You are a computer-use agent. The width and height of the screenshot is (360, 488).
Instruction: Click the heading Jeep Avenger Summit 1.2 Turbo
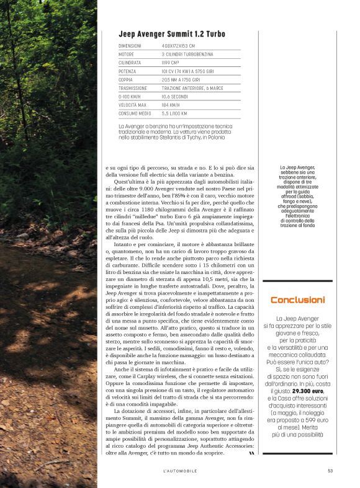click(171, 34)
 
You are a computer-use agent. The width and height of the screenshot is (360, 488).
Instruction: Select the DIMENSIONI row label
click(130, 46)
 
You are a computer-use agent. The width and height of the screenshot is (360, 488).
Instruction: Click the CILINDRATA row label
click(130, 63)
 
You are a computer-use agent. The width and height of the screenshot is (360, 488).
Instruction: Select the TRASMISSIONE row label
click(132, 89)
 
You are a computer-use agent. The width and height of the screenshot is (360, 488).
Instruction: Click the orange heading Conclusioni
click(297, 300)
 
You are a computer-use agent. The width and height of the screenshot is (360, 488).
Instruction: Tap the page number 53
click(330, 471)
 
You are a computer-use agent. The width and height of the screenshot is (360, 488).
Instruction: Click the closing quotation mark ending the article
click(251, 454)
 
